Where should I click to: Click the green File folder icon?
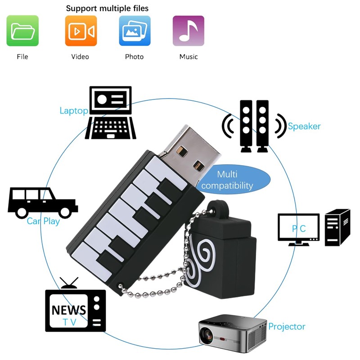coord(22,31)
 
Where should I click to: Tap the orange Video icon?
coord(81,31)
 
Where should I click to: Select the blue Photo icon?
coord(135,31)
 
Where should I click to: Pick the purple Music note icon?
coord(189,31)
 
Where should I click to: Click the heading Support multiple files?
coord(107,8)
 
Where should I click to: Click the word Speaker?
coord(304,126)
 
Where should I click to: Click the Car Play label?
coord(43,221)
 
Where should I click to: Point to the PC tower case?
coord(337,227)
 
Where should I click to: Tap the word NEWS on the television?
coord(69,310)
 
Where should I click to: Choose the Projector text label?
coord(287,327)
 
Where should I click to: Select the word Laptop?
coord(74,111)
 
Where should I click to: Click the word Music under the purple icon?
coord(189,57)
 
